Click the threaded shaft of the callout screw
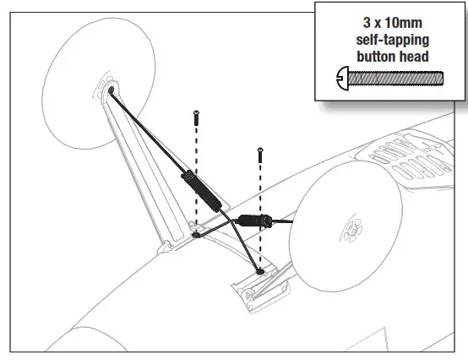(x=396, y=80)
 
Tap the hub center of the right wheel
(x=348, y=230)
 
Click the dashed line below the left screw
(x=196, y=177)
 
